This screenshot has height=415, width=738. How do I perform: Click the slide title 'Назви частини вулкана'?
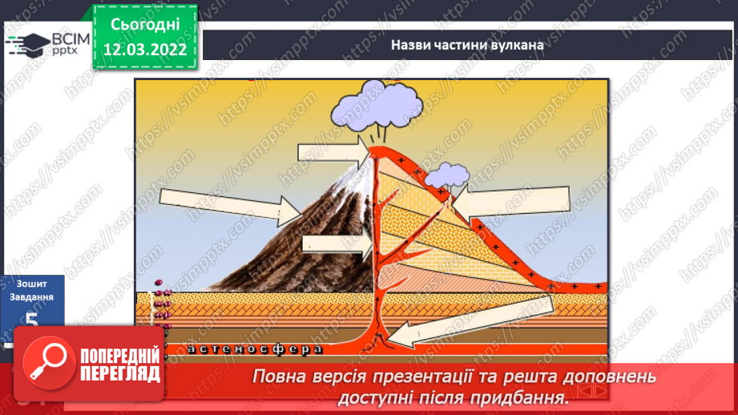coord(467,45)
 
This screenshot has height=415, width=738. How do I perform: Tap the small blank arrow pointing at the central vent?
coord(336,244)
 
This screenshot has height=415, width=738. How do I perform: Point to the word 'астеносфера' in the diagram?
coord(255,349)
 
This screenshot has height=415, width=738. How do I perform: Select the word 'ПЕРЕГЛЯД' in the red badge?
coord(119,374)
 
